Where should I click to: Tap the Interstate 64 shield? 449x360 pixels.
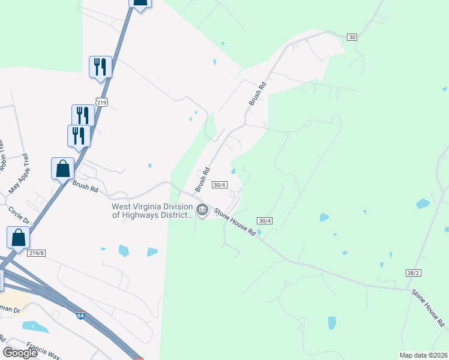click(80, 314)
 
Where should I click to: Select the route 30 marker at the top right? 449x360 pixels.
click(352, 37)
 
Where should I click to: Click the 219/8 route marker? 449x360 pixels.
click(37, 253)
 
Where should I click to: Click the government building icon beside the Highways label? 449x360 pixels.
click(202, 210)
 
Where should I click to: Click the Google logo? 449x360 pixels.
click(20, 352)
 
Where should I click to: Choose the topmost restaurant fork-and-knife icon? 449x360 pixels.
click(100, 66)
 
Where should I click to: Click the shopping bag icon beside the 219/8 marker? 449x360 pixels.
click(19, 237)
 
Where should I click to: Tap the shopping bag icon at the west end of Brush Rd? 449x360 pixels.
click(63, 169)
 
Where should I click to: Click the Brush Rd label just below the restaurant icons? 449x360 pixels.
click(85, 188)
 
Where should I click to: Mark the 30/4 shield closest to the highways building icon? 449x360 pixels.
click(220, 185)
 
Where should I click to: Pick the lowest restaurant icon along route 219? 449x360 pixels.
click(79, 136)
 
